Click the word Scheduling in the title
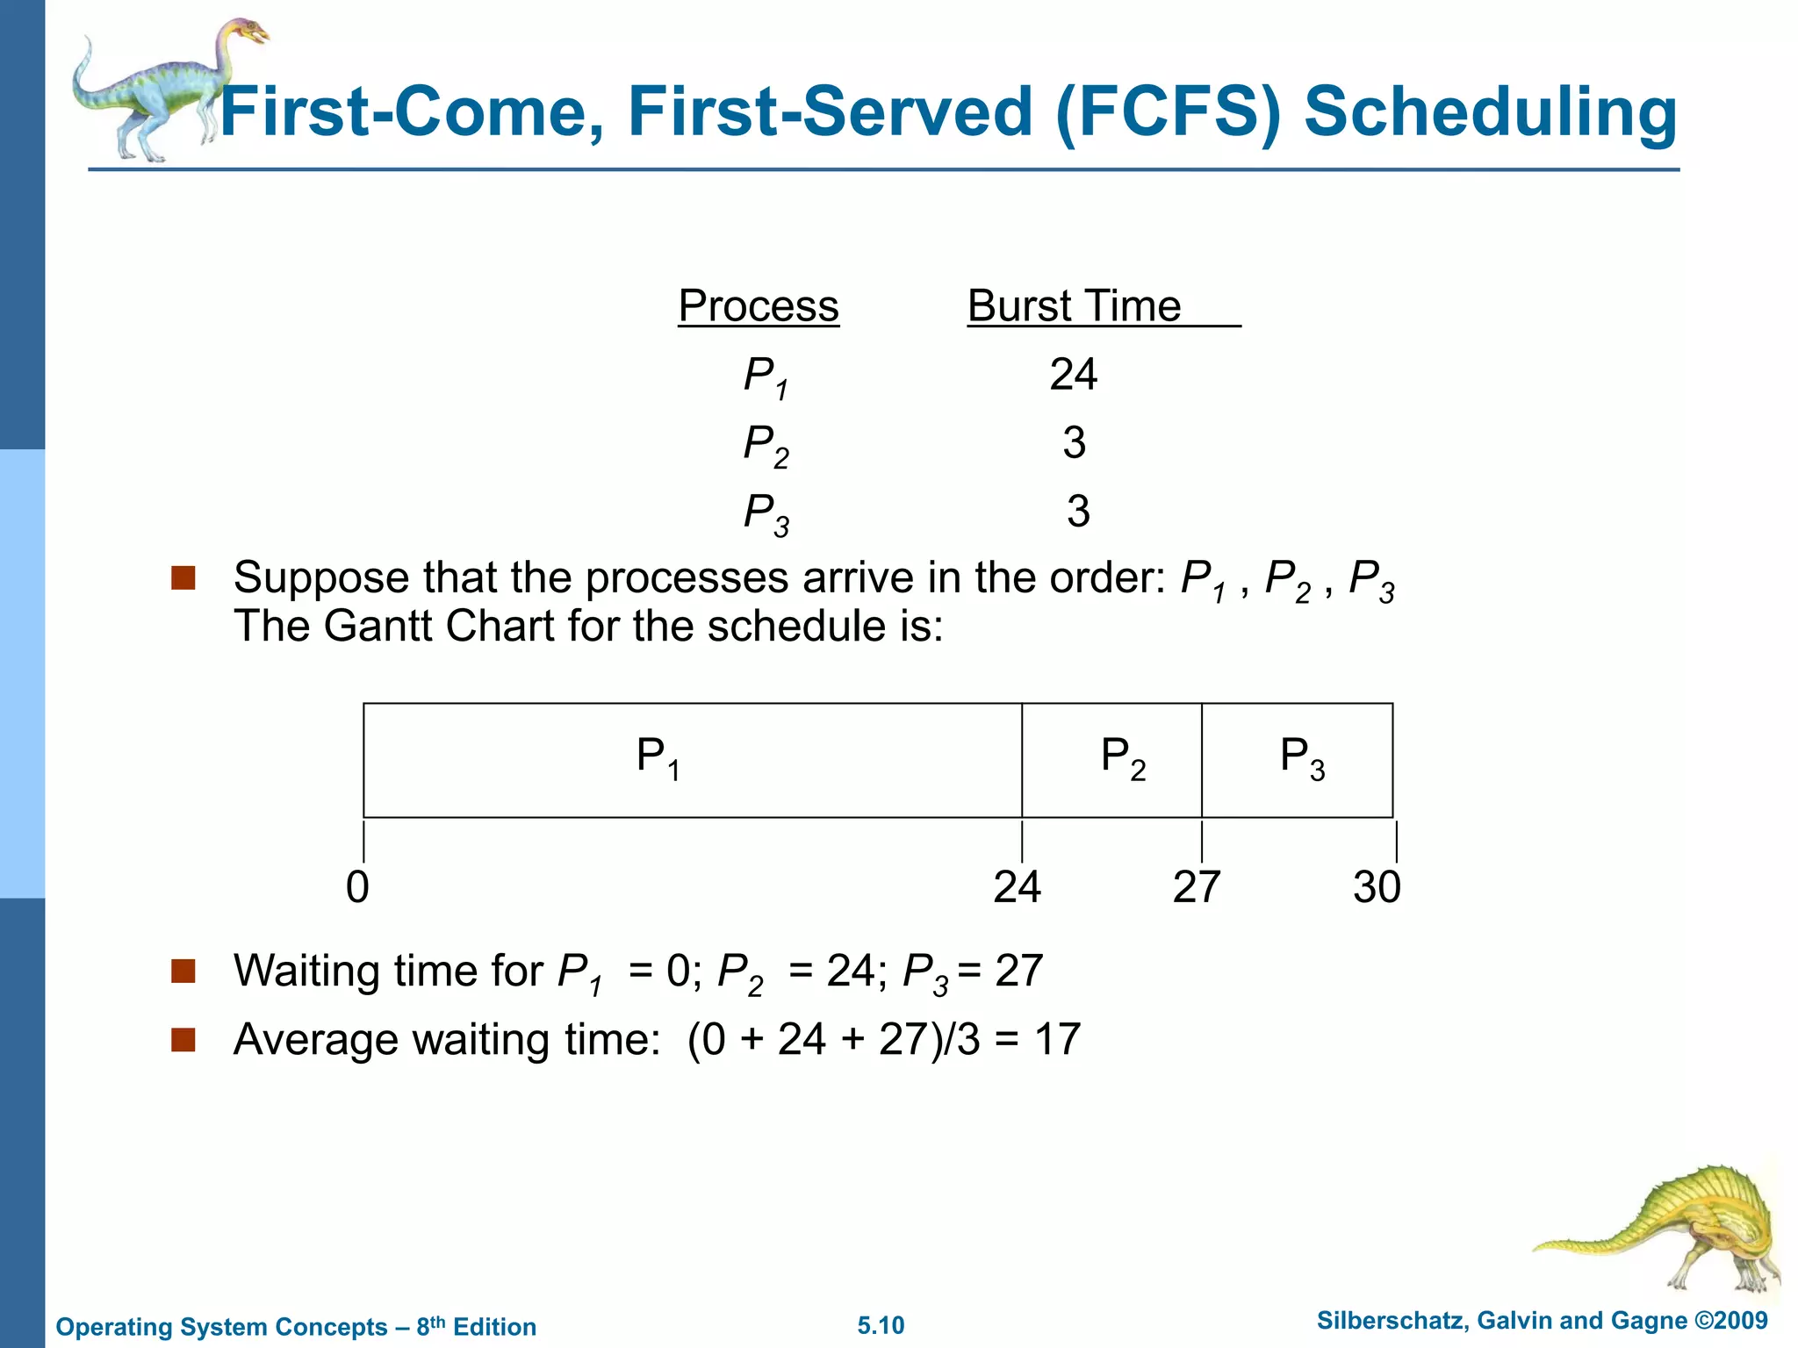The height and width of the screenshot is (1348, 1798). coord(1490,112)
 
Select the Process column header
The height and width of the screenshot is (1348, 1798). coord(759,306)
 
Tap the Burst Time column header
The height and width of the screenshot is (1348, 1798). coord(1075,306)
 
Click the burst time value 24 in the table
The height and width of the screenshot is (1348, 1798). coord(1073,375)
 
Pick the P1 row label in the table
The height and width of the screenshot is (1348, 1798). coord(765,377)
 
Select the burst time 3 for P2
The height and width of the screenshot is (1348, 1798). coord(1074,442)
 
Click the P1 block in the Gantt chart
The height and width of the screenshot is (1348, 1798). coord(692,760)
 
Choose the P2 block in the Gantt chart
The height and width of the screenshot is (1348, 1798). coord(1111,760)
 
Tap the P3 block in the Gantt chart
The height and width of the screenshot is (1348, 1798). coord(1298,760)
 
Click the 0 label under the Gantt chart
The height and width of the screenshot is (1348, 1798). coord(357,887)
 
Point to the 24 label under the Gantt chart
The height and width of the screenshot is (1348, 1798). coord(1017,887)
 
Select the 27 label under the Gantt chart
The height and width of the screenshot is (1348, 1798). coord(1197,887)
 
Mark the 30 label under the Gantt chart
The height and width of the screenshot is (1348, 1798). coord(1377,887)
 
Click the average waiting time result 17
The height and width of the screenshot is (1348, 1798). coord(1057,1039)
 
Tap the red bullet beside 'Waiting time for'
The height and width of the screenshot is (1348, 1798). coord(183,971)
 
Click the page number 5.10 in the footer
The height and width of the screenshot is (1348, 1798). coord(881,1325)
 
